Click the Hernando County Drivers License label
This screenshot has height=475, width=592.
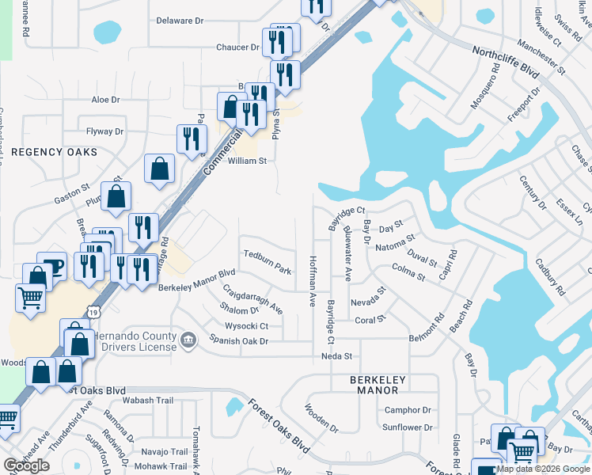click(x=135, y=341)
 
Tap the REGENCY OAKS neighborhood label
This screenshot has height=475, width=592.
click(x=54, y=151)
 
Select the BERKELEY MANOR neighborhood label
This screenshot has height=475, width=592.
click(x=378, y=386)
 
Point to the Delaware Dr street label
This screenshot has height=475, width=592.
click(x=180, y=21)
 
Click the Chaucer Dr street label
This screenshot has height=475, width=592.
click(x=237, y=47)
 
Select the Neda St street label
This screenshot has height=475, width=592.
click(x=336, y=357)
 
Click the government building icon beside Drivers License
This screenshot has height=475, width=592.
click(x=188, y=341)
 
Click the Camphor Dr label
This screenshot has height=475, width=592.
click(x=408, y=410)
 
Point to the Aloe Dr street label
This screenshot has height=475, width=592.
click(x=105, y=100)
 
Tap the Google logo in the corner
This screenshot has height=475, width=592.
click(x=26, y=465)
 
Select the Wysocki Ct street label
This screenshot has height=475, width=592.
click(x=247, y=325)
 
